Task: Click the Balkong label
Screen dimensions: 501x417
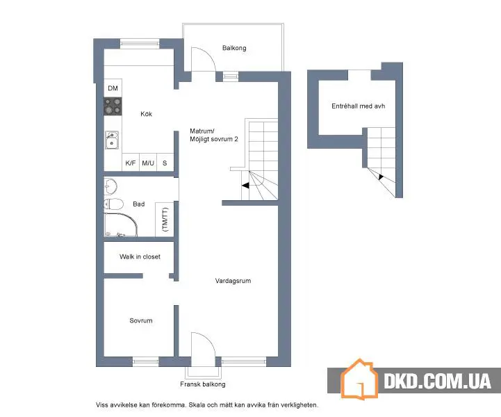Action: click(x=234, y=48)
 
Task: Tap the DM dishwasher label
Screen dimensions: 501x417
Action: click(x=113, y=88)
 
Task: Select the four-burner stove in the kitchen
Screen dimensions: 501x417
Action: click(x=113, y=106)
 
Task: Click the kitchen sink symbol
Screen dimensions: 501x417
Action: click(x=112, y=140)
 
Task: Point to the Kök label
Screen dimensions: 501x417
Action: click(x=147, y=114)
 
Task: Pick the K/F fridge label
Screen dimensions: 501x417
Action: click(x=131, y=163)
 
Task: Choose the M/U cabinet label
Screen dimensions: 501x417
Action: click(x=148, y=163)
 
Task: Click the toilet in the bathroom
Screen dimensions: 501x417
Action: click(x=113, y=204)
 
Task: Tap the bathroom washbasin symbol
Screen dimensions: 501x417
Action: click(x=110, y=186)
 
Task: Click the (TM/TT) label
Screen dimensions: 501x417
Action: click(x=165, y=219)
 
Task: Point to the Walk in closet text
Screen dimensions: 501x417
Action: click(x=140, y=256)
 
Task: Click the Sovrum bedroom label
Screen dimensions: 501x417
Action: click(x=141, y=320)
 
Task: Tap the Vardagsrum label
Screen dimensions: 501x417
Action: click(x=233, y=281)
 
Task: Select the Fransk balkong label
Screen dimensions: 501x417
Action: click(x=203, y=384)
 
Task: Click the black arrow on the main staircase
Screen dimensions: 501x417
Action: click(x=245, y=186)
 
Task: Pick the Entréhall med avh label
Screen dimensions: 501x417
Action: click(x=358, y=106)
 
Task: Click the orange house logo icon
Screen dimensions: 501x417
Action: click(x=359, y=379)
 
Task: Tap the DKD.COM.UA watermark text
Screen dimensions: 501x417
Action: click(x=437, y=381)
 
